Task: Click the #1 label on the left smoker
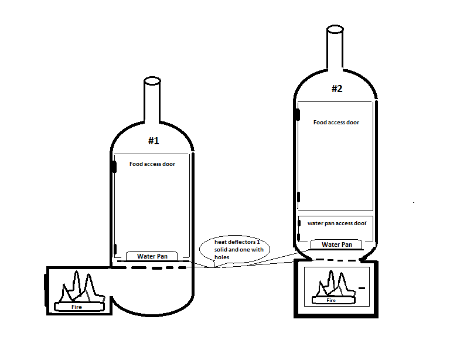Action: pyautogui.click(x=154, y=141)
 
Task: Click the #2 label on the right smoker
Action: pyautogui.click(x=337, y=89)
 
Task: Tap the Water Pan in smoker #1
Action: pyautogui.click(x=152, y=256)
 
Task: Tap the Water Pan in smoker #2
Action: pyautogui.click(x=336, y=244)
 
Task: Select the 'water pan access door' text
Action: pyautogui.click(x=337, y=223)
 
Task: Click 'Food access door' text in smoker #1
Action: pyautogui.click(x=152, y=164)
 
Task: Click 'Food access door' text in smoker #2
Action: pyautogui.click(x=336, y=123)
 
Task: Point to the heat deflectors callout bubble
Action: pyautogui.click(x=235, y=249)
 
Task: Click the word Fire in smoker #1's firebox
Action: pyautogui.click(x=77, y=307)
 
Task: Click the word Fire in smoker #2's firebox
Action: pyautogui.click(x=331, y=300)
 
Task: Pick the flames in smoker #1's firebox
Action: pyautogui.click(x=81, y=287)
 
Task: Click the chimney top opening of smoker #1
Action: pyautogui.click(x=152, y=81)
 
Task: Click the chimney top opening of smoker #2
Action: pyautogui.click(x=335, y=29)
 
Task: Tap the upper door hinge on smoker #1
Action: pyautogui.click(x=114, y=167)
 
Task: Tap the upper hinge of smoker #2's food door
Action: pyautogui.click(x=298, y=114)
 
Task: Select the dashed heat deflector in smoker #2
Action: pyautogui.click(x=336, y=260)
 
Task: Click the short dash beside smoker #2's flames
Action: pyautogui.click(x=362, y=288)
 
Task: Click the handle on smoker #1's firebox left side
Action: pyautogui.click(x=45, y=290)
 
